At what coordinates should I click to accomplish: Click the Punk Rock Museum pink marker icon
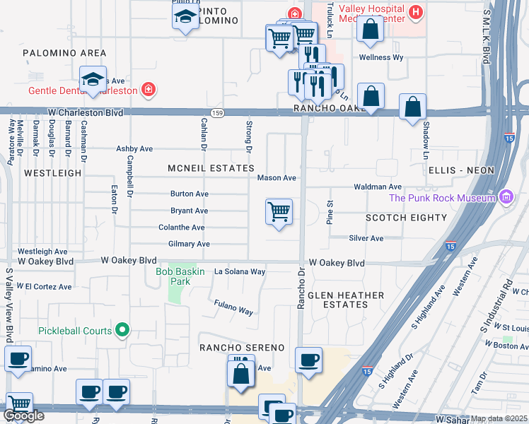click(506, 198)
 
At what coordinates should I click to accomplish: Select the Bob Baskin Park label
click(173, 276)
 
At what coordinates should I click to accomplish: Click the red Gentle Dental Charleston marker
click(149, 90)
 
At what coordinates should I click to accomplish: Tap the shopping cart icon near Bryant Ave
click(279, 211)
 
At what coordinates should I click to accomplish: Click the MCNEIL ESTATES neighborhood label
click(211, 168)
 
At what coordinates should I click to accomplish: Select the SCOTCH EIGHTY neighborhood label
click(406, 218)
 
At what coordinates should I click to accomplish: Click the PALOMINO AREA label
click(64, 53)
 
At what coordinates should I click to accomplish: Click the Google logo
click(23, 416)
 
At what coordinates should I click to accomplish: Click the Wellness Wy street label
click(380, 57)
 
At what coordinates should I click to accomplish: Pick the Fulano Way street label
click(233, 307)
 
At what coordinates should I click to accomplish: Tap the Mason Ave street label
click(277, 178)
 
